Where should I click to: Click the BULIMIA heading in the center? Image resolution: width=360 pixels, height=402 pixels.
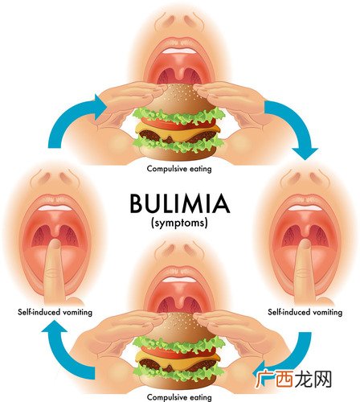coord(180,203)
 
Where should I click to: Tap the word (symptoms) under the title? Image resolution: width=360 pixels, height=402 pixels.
coord(179,223)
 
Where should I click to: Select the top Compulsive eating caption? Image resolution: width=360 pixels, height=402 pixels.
coord(179,169)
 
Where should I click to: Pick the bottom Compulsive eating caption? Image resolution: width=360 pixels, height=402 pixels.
coord(179,397)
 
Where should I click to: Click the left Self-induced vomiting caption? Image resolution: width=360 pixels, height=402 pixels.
coord(55,312)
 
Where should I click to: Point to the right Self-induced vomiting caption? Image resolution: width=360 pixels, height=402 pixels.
coord(305,312)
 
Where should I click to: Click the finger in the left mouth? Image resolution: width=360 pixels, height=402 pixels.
coord(54,271)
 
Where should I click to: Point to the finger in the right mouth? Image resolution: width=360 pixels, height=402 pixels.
coord(304,271)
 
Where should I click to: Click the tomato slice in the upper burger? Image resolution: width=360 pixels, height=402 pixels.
coord(178,124)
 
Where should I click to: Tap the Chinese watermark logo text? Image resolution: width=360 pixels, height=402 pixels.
coord(293,379)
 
